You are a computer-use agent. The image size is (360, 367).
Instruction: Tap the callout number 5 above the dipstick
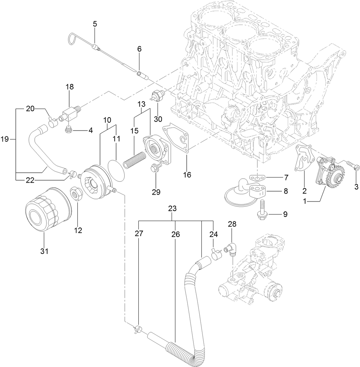coord(95,24)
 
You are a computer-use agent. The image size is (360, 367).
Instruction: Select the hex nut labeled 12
coord(75,194)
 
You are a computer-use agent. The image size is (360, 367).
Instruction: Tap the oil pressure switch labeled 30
coord(159,95)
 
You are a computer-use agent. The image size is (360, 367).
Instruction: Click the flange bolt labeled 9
coord(262,208)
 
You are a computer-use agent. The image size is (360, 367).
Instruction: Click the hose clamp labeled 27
coord(138,330)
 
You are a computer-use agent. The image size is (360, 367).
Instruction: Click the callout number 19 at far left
coord(4,139)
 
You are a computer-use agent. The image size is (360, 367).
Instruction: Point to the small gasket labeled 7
coord(257,178)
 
